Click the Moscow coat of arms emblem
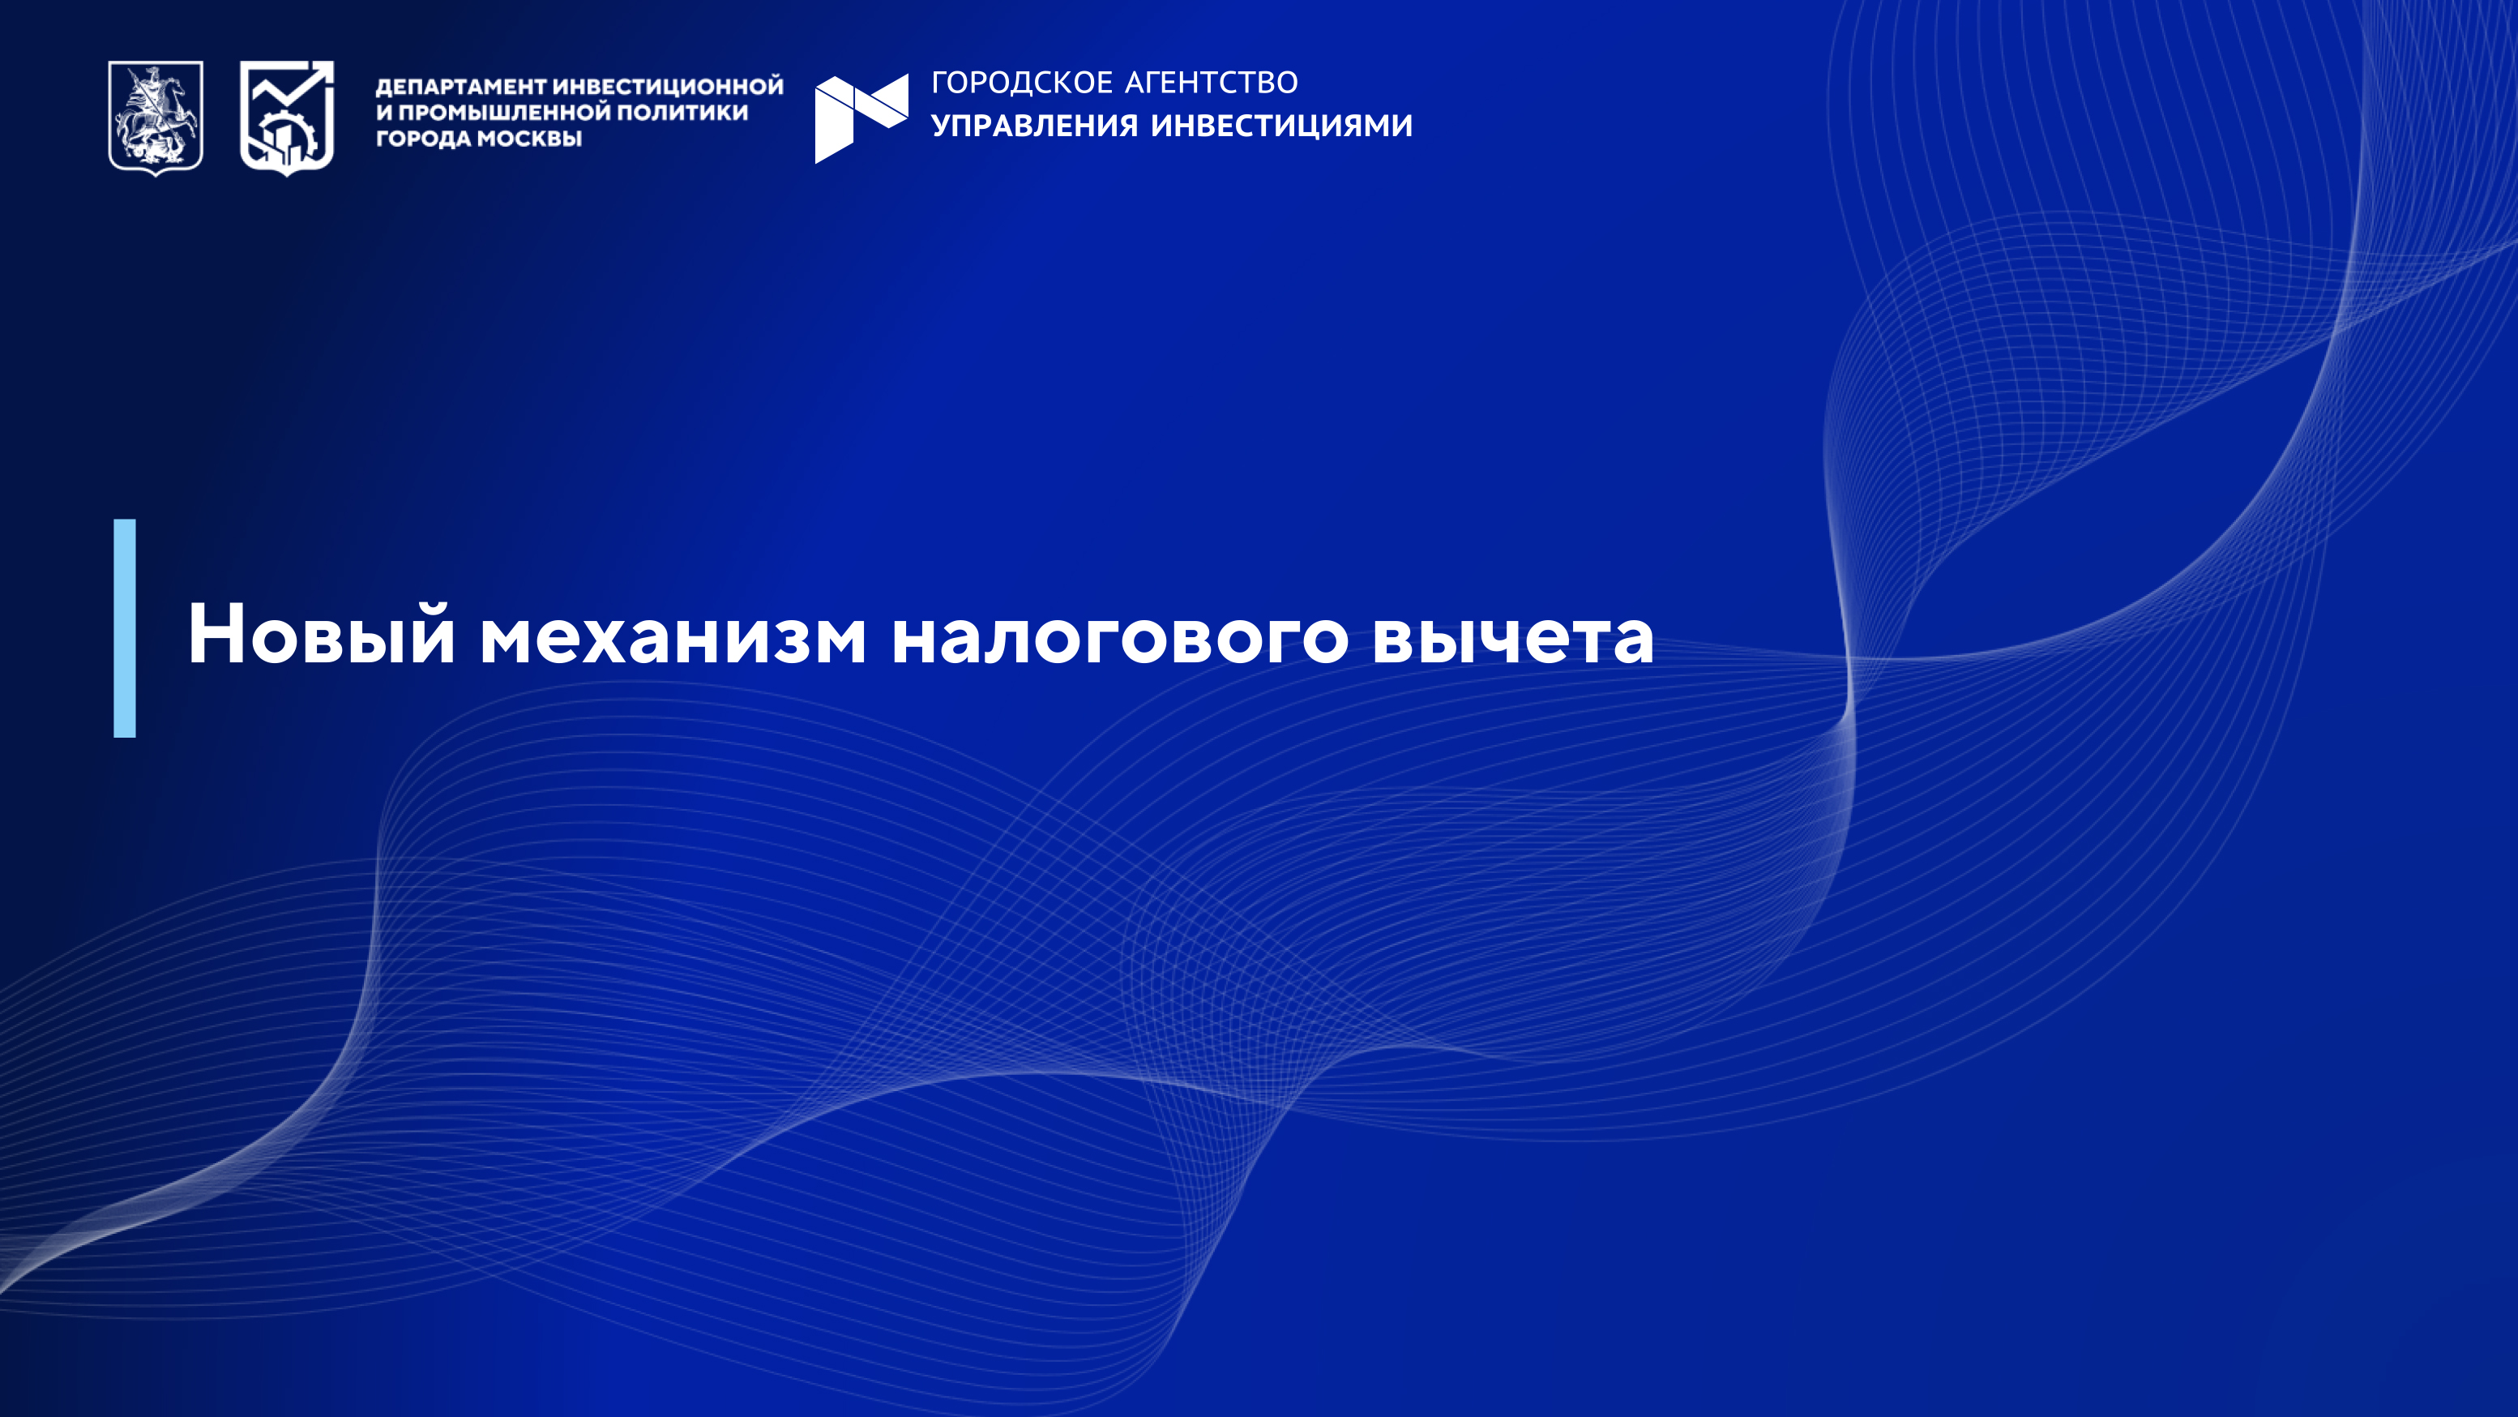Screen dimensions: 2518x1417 156,118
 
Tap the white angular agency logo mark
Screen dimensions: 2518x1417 861,118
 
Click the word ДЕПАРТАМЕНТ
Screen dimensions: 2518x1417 460,87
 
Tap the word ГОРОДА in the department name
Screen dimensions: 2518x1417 423,139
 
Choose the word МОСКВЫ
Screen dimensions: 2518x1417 529,139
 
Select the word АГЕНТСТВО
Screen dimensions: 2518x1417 1212,82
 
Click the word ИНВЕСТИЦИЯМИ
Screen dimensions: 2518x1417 1281,125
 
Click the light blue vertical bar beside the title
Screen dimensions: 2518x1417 125,627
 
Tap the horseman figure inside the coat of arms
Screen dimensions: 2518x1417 156,113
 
